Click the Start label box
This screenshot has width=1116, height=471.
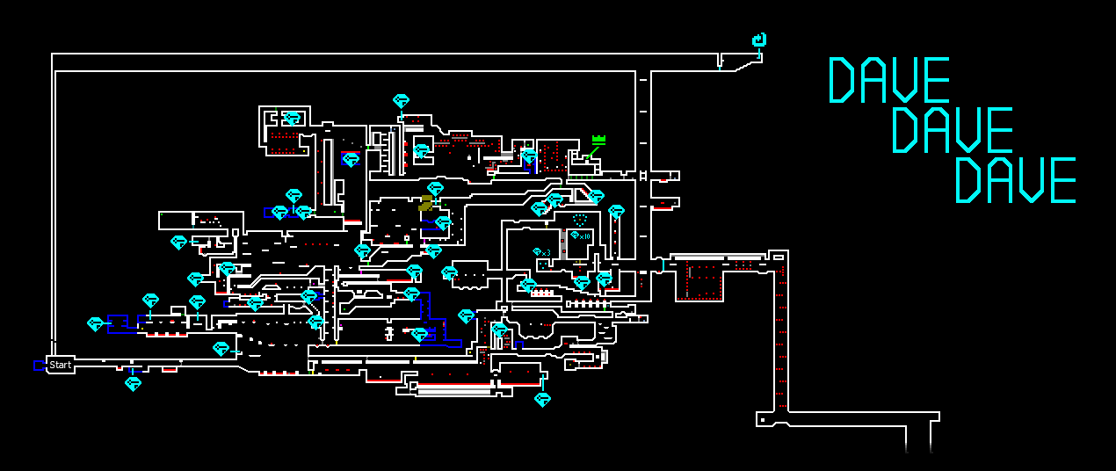(60, 365)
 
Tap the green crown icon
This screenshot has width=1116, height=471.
(599, 139)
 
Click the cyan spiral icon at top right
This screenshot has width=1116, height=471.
(760, 40)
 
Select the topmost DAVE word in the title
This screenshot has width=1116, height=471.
(888, 80)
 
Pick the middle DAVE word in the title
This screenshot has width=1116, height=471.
(952, 130)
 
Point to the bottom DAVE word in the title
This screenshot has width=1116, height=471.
(1015, 180)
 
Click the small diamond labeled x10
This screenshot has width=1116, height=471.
(575, 235)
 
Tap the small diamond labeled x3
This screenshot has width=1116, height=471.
(537, 251)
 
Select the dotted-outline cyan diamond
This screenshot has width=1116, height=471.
(579, 218)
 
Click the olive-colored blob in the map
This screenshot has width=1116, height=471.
(426, 203)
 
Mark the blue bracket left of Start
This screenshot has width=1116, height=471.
(39, 365)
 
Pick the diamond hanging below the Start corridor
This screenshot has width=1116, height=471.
(133, 383)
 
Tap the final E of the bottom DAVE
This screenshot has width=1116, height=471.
(1062, 180)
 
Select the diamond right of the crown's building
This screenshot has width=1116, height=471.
(617, 211)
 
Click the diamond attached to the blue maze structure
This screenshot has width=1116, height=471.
(95, 323)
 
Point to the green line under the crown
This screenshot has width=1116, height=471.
(594, 152)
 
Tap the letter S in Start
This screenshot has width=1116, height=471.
(53, 365)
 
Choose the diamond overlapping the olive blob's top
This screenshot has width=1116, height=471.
(435, 189)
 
